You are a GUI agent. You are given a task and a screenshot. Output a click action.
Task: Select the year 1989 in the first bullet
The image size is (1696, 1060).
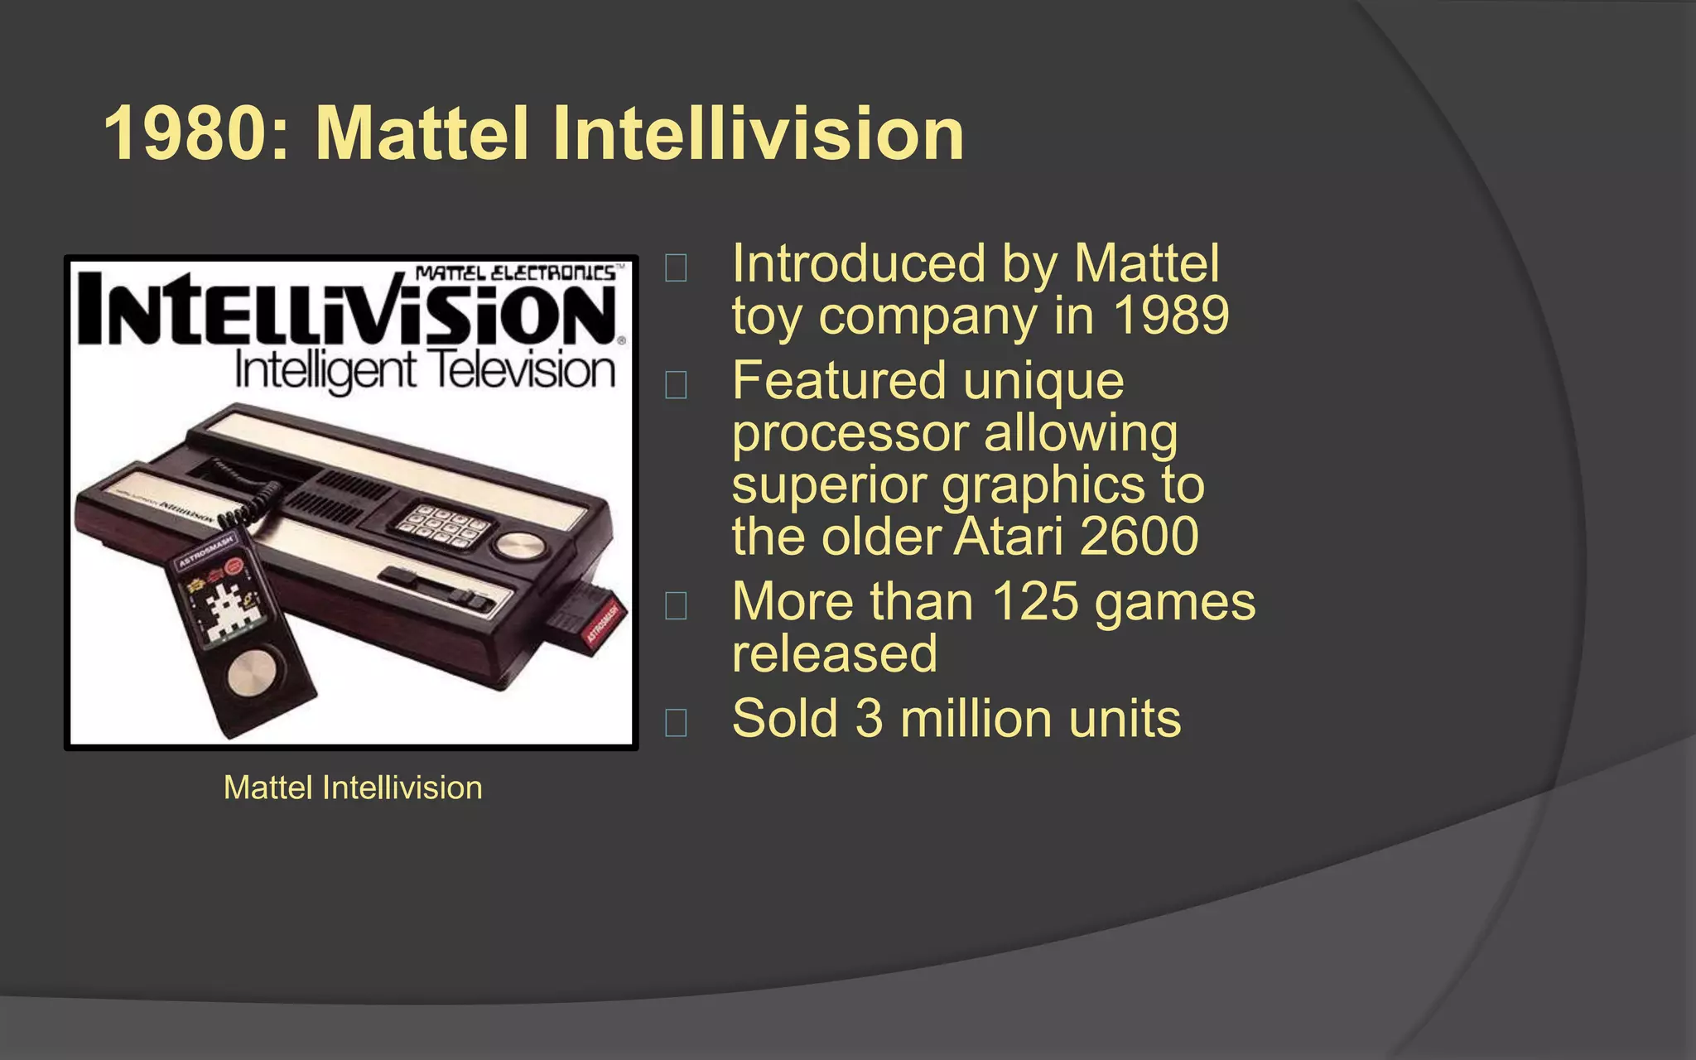1170,316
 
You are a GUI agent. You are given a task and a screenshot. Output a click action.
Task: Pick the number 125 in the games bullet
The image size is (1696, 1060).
1035,601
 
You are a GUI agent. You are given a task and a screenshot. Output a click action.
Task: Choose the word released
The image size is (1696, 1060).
834,653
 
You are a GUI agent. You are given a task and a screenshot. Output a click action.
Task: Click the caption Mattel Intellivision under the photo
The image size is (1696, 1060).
353,788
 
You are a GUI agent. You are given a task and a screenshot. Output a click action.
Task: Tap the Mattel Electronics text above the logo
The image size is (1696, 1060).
515,273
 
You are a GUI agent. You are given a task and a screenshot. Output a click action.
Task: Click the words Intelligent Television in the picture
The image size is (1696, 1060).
425,370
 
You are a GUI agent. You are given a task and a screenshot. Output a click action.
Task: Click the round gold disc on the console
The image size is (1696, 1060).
518,545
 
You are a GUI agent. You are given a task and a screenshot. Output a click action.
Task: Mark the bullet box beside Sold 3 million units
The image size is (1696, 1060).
676,722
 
